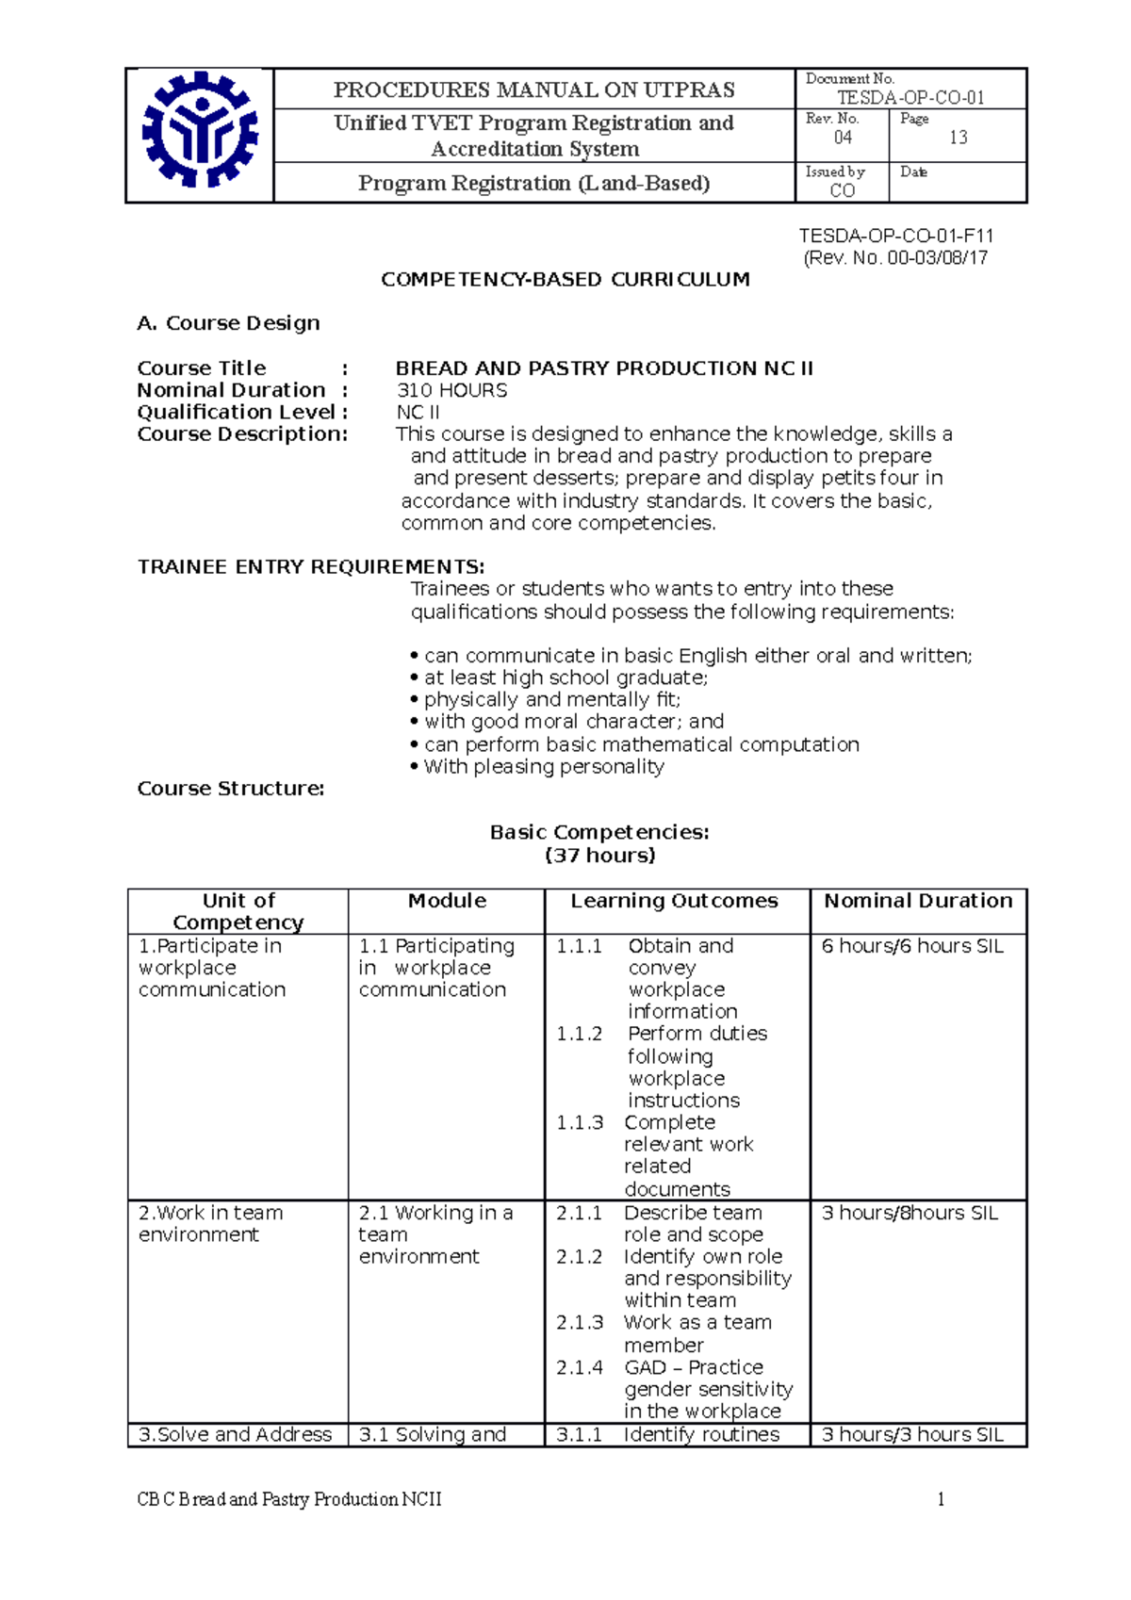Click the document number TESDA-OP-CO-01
pyautogui.click(x=910, y=97)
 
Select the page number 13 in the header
pyautogui.click(x=958, y=138)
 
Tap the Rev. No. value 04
pyautogui.click(x=843, y=138)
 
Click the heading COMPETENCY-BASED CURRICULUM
pyautogui.click(x=565, y=279)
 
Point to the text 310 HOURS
pyautogui.click(x=451, y=390)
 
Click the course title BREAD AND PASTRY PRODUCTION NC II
pyautogui.click(x=604, y=367)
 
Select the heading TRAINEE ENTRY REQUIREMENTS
pyautogui.click(x=311, y=566)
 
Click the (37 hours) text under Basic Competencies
pyautogui.click(x=599, y=855)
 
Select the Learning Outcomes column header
pyautogui.click(x=674, y=901)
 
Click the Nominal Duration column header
pyautogui.click(x=918, y=901)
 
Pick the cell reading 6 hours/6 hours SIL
pyautogui.click(x=912, y=946)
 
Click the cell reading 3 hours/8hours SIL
pyautogui.click(x=910, y=1213)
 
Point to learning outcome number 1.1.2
pyautogui.click(x=579, y=1034)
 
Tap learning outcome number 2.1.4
pyautogui.click(x=579, y=1367)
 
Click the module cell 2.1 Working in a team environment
pyautogui.click(x=435, y=1234)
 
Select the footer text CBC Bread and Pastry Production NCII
pyautogui.click(x=289, y=1499)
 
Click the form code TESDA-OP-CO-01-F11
pyautogui.click(x=896, y=236)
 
